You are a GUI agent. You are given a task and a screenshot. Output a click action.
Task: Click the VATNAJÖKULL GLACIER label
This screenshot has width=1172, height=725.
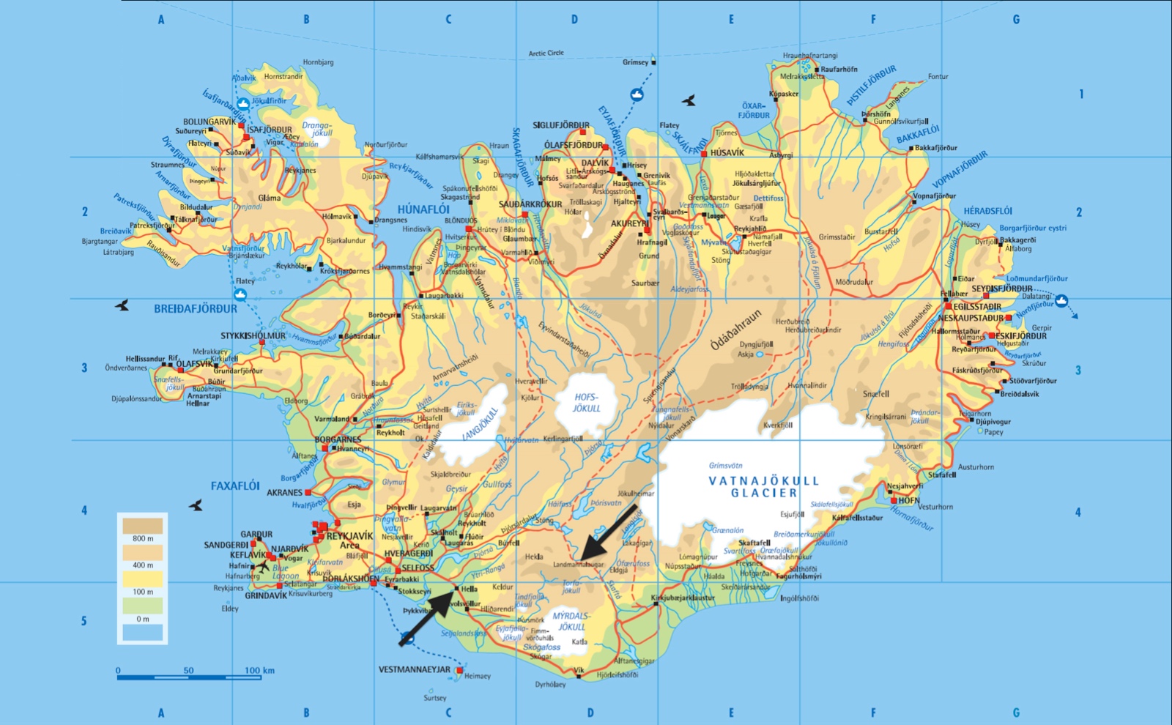point(763,487)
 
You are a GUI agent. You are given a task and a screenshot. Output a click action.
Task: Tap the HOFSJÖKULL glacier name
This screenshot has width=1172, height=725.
point(586,403)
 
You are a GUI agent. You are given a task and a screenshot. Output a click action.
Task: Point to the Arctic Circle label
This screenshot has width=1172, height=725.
point(546,53)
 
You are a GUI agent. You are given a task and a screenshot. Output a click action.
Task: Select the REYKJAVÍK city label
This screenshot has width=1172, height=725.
point(349,536)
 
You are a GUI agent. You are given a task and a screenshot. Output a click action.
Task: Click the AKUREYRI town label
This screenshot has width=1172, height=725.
point(629,223)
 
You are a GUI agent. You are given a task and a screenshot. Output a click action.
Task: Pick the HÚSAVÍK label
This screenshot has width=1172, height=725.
point(727,153)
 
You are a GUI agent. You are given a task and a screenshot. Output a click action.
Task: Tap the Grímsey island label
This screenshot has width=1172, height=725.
point(635,62)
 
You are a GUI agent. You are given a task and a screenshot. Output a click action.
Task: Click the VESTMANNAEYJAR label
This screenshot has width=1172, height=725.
point(415,669)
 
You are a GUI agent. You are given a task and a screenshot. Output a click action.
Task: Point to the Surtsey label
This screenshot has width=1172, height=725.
point(434,698)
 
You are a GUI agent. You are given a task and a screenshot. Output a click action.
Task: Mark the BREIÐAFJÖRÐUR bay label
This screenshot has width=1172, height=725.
point(196,309)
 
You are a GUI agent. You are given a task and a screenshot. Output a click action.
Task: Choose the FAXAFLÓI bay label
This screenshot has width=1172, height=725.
point(235,486)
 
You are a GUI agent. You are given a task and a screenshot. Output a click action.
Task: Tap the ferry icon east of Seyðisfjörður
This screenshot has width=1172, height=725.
point(1061,300)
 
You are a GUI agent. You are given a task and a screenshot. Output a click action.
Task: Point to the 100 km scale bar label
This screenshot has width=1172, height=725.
point(259,670)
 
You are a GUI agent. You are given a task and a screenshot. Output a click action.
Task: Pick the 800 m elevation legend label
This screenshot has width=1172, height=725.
point(143,538)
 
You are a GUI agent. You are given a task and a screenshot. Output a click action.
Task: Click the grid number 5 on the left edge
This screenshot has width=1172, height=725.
point(84,621)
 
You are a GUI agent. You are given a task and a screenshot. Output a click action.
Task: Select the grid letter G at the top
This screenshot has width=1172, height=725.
point(1016,20)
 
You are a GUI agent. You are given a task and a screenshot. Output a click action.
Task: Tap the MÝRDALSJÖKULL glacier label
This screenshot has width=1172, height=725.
point(571,621)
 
